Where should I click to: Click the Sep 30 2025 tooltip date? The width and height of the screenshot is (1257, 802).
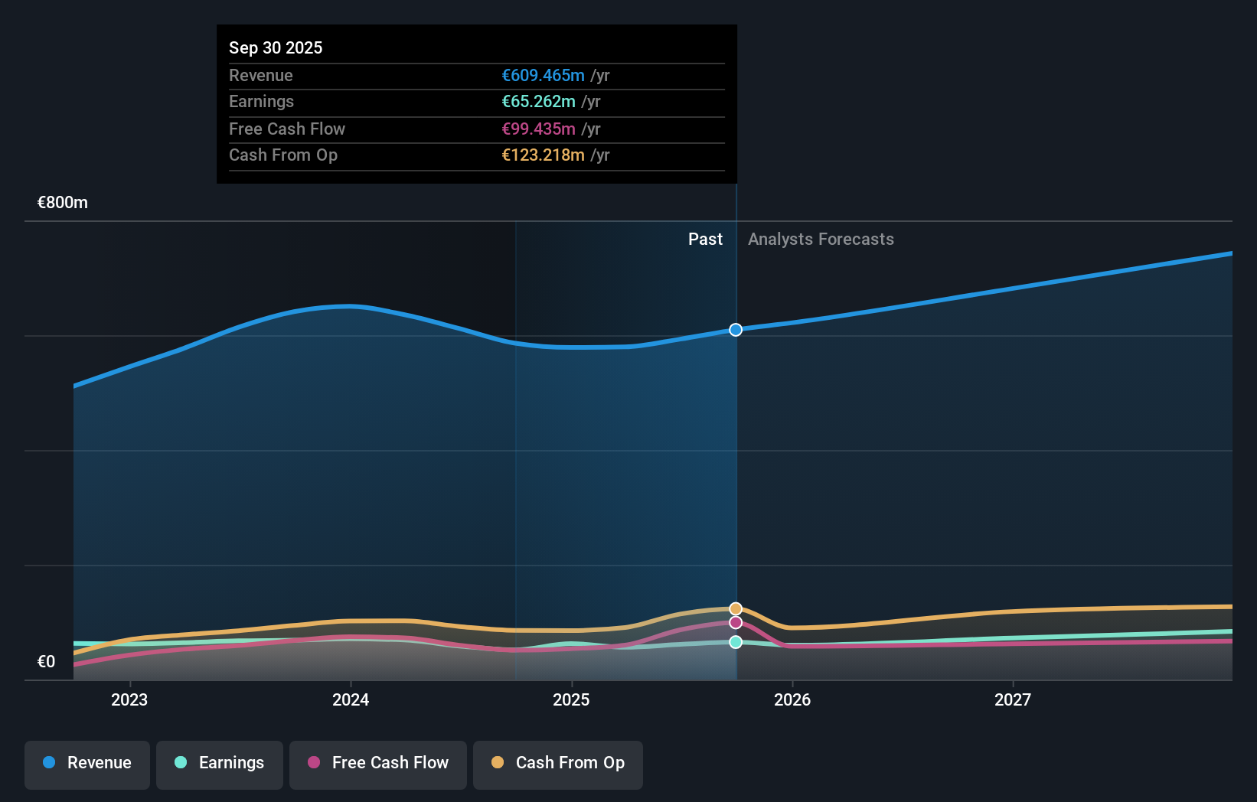tap(276, 47)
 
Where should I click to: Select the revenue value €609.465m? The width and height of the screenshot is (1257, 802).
tap(543, 75)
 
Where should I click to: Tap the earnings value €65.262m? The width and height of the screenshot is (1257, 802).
tap(538, 101)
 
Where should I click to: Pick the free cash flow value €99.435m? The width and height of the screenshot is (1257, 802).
tap(538, 129)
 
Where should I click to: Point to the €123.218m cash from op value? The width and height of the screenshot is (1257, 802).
tap(543, 155)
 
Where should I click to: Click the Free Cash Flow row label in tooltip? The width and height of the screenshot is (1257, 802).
tap(287, 129)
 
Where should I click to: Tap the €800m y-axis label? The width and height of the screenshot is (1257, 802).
tap(63, 203)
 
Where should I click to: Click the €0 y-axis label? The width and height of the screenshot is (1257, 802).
tap(47, 661)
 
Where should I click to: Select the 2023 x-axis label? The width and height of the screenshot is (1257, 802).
tap(129, 699)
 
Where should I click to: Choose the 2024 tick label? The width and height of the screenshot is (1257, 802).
tap(351, 699)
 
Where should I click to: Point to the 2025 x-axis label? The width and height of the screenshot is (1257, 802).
tap(571, 699)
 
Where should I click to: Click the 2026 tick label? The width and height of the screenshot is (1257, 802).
tap(792, 699)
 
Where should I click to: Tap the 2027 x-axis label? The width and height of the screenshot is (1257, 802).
tap(1013, 699)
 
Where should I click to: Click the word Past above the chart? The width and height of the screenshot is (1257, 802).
tap(705, 239)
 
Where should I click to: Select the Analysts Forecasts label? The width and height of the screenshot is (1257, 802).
tap(821, 239)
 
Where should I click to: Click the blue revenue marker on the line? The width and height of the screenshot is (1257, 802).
tap(736, 330)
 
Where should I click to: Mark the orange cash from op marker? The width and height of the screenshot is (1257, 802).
tap(736, 609)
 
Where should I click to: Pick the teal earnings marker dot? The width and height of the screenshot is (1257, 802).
tap(736, 642)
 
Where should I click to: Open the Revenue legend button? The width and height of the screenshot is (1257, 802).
tap(87, 763)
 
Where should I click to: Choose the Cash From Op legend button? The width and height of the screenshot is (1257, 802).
tap(558, 763)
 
